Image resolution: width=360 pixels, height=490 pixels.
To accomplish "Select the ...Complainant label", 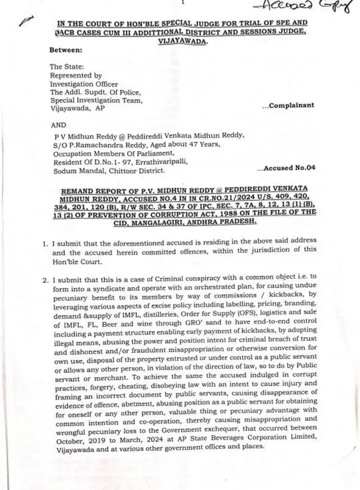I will (288, 105).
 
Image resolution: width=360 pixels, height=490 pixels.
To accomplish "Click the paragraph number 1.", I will (45, 244).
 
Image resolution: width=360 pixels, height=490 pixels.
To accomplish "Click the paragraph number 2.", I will (45, 279).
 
